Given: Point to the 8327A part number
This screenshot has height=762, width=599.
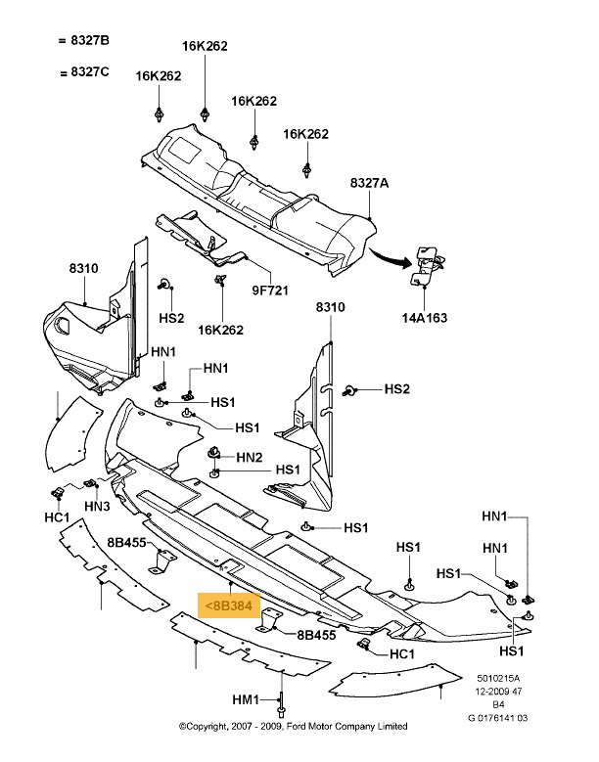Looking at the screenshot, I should [x=369, y=183].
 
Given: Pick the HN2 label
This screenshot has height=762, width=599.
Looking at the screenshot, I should [x=249, y=457].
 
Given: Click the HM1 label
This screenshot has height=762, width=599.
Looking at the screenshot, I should [x=245, y=700].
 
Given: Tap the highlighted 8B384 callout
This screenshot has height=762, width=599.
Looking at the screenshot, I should [x=227, y=605].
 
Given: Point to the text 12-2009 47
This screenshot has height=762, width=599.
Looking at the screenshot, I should [x=499, y=691].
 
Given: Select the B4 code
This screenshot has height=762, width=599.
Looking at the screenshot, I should [x=499, y=704].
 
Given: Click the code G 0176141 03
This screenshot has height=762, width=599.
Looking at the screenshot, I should [x=499, y=718].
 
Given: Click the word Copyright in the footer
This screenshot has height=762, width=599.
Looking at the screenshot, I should [x=218, y=727].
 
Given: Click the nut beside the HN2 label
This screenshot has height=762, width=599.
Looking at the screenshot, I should [x=214, y=455].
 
